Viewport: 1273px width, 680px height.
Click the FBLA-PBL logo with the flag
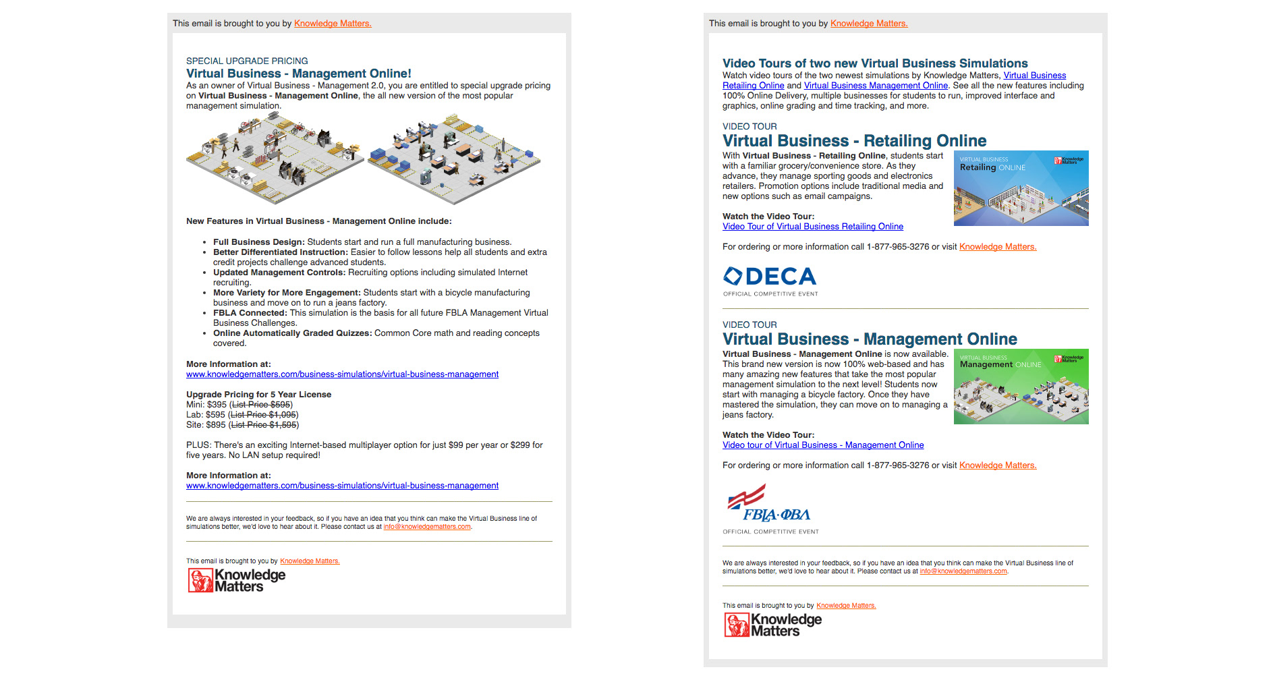click(x=770, y=506)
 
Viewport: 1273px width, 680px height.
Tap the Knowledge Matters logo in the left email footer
click(x=237, y=580)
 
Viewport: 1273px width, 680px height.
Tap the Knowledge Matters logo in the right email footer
click(x=773, y=625)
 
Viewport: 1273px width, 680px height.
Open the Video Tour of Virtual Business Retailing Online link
click(x=812, y=227)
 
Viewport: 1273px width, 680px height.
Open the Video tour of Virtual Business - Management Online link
click(x=823, y=445)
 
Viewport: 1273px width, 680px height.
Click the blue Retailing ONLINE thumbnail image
click(x=1021, y=188)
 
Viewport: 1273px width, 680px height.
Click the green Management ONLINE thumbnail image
click(x=1021, y=387)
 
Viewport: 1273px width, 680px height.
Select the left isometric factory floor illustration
click(x=275, y=159)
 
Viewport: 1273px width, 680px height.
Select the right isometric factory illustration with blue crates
click(x=454, y=159)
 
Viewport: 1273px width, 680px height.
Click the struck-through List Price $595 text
click(x=262, y=405)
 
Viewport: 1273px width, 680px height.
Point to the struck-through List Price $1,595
click(x=264, y=425)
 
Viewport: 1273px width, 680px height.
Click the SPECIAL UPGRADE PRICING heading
click(x=247, y=61)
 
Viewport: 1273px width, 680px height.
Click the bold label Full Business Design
click(x=258, y=242)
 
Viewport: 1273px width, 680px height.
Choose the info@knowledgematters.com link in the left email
click(x=427, y=527)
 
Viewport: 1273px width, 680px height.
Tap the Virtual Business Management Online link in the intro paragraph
click(x=876, y=86)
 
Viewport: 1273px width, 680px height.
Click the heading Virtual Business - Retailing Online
click(x=854, y=141)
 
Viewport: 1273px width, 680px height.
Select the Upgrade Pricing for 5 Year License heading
click(x=258, y=395)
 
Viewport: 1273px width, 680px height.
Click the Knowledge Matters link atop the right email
click(x=869, y=24)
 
